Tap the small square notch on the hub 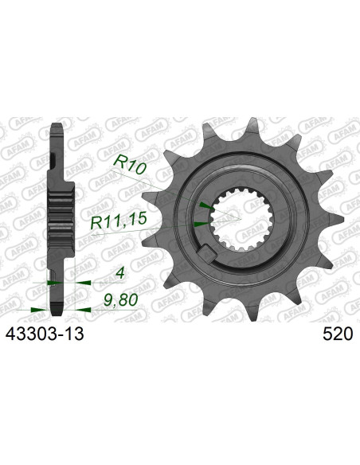point(209,256)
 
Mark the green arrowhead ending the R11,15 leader point(202,225)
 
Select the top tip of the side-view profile point(57,125)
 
